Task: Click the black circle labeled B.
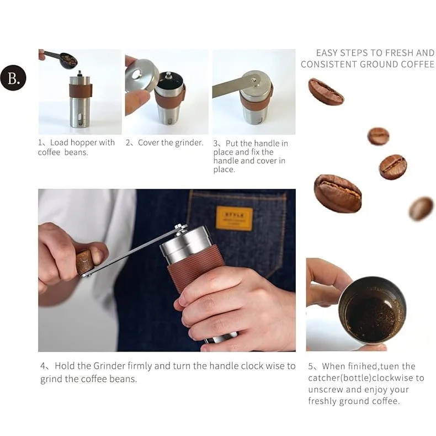[x=13, y=78]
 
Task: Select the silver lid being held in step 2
[x=141, y=75]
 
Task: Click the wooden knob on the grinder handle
[x=85, y=262]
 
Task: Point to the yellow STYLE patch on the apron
[x=234, y=218]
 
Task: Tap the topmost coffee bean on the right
[x=326, y=92]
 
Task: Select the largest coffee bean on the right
[x=337, y=193]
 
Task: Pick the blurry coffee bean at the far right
[x=421, y=209]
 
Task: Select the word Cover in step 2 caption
[x=148, y=142]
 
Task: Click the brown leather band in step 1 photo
[x=80, y=90]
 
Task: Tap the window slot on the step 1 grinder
[x=80, y=118]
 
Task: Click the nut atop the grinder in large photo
[x=180, y=227]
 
